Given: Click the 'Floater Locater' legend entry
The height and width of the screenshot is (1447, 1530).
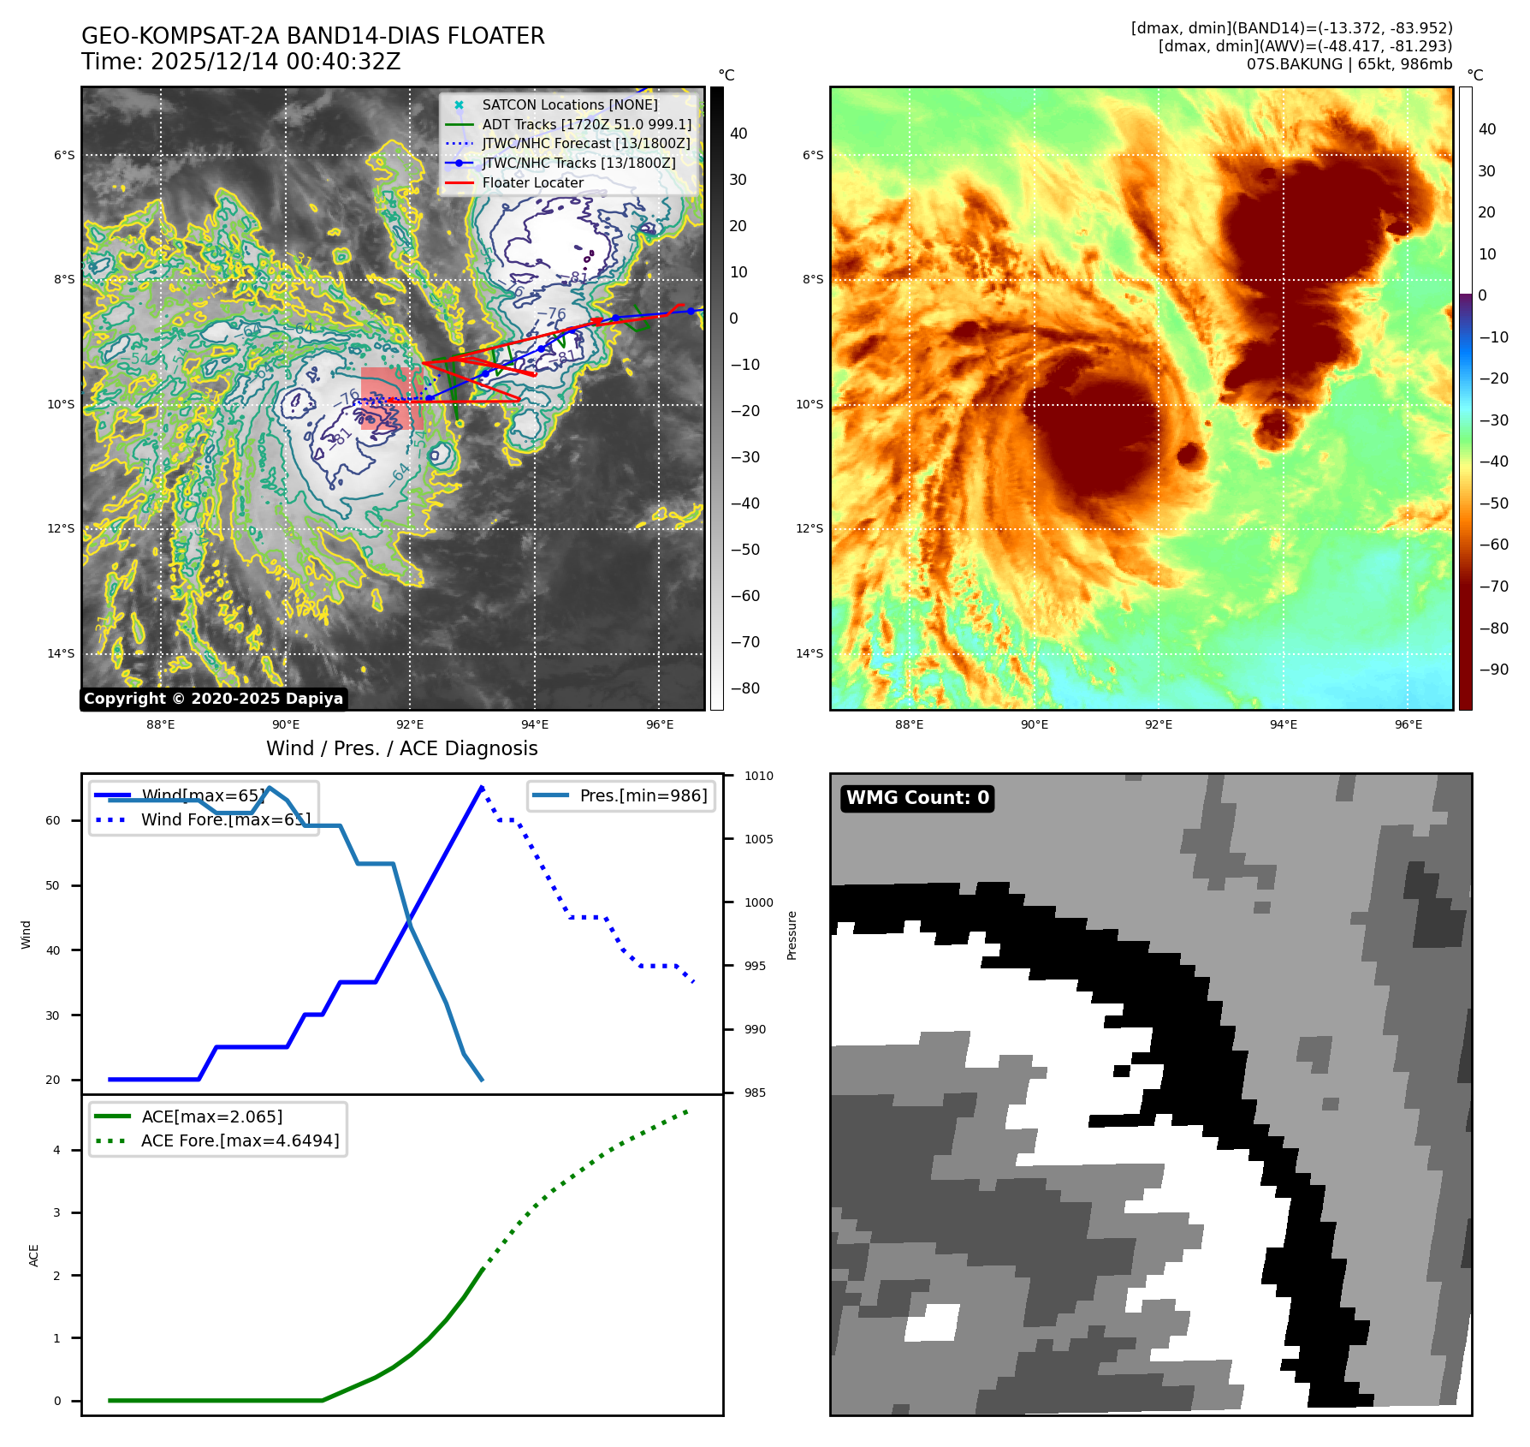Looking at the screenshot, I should tap(532, 182).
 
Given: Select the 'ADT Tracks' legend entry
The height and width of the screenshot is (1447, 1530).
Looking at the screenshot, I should tap(586, 124).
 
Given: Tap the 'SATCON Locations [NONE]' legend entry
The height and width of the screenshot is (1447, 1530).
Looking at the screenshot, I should tap(570, 104).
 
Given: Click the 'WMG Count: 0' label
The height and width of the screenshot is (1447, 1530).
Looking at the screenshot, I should tap(917, 798).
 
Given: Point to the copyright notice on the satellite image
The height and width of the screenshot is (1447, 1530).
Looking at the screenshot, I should tap(213, 699).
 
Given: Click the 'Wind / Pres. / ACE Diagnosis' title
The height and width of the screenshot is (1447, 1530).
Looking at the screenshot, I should tap(402, 748).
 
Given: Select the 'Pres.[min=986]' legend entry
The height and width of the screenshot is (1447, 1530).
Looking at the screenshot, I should tap(643, 795).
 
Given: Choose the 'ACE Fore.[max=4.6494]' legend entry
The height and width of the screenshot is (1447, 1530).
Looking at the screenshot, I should tap(240, 1140).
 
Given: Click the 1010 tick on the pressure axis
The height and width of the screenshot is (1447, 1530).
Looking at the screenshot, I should tap(758, 776).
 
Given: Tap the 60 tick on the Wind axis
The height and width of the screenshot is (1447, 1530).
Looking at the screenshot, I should tap(53, 820).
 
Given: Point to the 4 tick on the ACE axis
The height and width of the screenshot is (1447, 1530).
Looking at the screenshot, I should tap(56, 1150).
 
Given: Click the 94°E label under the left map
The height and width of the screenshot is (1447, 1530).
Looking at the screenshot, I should tap(535, 724).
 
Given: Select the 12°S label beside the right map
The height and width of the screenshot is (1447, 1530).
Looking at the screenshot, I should tap(809, 528).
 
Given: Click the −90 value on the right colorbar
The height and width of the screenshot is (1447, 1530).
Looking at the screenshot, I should tap(1494, 670).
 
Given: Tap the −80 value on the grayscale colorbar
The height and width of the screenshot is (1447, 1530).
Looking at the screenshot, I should tap(744, 688).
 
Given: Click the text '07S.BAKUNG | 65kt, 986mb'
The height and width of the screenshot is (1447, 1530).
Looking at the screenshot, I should tap(1349, 64).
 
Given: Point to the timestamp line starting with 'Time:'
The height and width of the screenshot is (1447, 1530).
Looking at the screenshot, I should tap(240, 62).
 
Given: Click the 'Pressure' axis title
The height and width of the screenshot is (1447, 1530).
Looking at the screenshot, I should tap(792, 935).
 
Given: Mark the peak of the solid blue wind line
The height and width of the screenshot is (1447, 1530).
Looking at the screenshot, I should tap(482, 787).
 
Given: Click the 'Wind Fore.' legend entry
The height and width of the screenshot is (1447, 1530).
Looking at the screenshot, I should tap(225, 819).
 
